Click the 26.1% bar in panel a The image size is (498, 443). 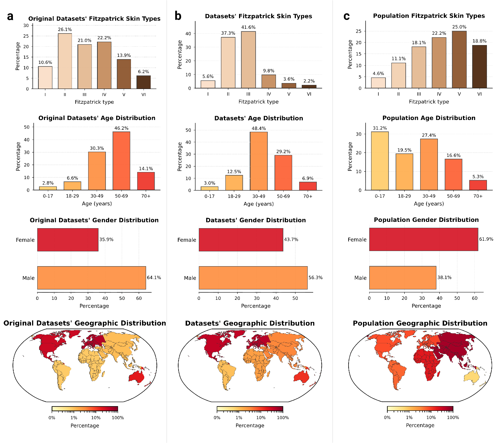coord(65,61)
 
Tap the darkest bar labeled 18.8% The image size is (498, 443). coord(480,66)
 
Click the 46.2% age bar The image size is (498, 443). coord(121,161)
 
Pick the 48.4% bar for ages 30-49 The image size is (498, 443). coord(259,161)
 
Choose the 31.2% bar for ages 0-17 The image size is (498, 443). coord(380,161)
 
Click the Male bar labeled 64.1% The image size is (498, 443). coord(91,278)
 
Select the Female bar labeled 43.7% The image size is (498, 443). coord(241,240)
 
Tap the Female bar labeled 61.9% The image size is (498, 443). coord(423,239)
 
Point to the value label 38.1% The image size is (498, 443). coord(445,277)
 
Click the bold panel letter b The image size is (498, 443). coord(178,16)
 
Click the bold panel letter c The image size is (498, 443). coord(346,16)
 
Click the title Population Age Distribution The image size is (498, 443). coord(429,118)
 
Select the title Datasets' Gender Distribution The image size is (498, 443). coord(256,220)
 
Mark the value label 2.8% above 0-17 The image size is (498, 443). coord(48,183)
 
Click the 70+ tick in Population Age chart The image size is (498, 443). coord(478,196)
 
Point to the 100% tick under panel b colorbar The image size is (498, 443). coord(283,418)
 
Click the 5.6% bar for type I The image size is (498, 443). coord(208,85)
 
